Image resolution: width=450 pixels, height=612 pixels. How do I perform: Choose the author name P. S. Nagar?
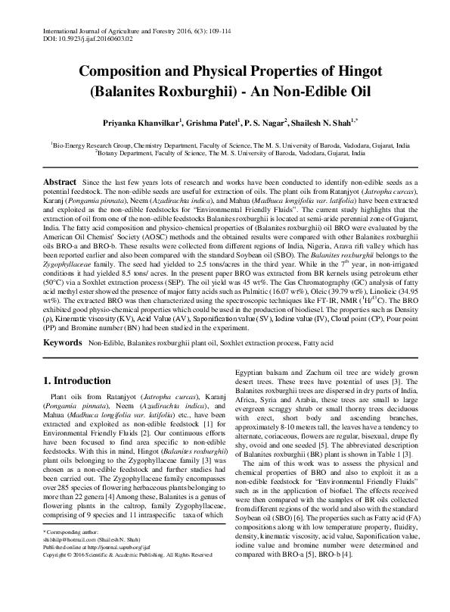266,121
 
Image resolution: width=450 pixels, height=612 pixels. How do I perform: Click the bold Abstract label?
59,183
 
